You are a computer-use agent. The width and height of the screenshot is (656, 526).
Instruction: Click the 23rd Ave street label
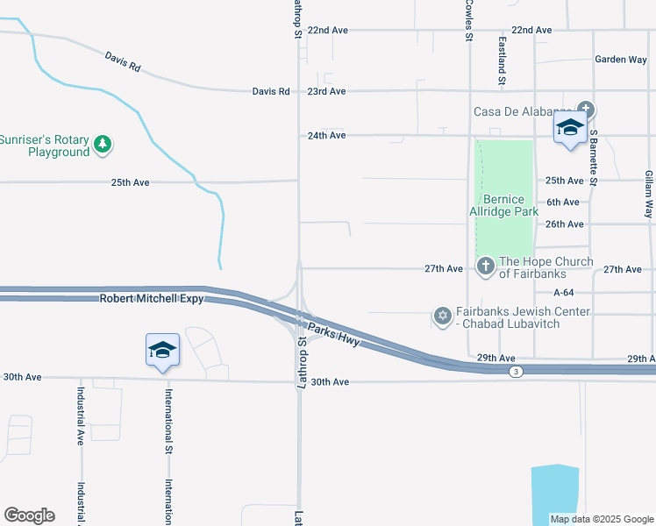[326, 91]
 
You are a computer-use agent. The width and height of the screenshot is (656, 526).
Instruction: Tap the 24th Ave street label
[326, 136]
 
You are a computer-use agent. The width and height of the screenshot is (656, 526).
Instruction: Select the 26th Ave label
[564, 224]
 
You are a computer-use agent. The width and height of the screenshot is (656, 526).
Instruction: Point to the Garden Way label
[620, 60]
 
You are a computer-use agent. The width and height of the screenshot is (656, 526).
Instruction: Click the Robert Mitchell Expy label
[151, 299]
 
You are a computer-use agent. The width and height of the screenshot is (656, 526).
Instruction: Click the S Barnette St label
[594, 158]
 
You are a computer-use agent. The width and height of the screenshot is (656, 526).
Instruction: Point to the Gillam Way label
[649, 195]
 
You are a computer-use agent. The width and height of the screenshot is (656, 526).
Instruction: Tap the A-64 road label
[564, 292]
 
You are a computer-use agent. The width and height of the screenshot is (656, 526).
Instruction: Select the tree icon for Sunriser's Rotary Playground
[103, 144]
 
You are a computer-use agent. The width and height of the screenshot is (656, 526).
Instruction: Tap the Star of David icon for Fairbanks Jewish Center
[443, 315]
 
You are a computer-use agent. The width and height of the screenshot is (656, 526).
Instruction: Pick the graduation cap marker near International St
[162, 351]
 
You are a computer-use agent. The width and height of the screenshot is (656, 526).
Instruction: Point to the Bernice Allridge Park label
[503, 205]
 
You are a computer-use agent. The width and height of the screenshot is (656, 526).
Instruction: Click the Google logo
[29, 515]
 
